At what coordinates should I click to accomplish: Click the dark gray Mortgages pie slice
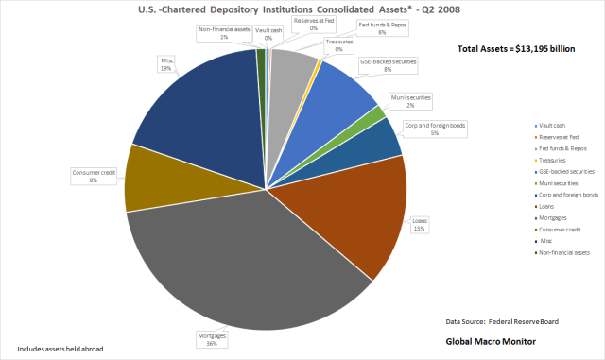[246, 265]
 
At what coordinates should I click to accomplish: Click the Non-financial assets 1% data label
[225, 34]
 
